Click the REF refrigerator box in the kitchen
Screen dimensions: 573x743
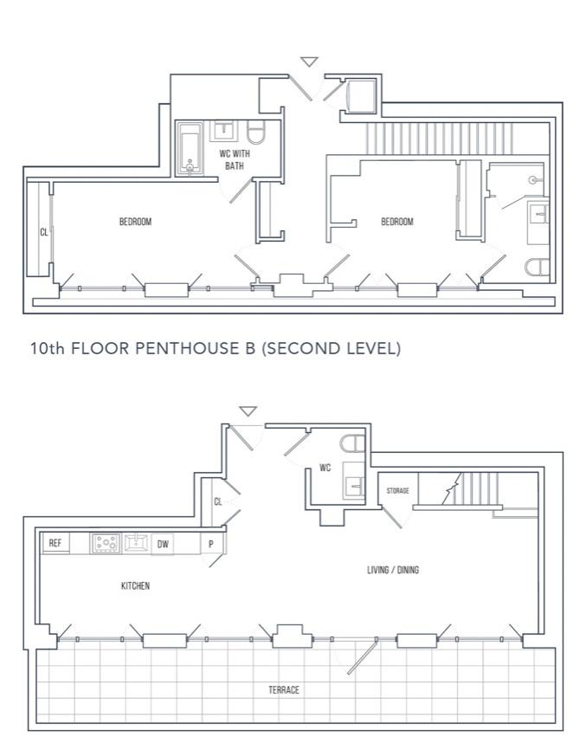[56, 543]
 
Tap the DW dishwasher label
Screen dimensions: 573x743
[163, 544]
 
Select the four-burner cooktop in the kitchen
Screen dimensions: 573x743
[106, 543]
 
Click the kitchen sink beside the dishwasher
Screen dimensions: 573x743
[136, 543]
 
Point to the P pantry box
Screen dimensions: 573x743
[211, 544]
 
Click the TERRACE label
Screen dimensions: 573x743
[284, 689]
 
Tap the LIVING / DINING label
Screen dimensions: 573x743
[393, 570]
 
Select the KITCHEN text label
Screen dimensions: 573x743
[135, 585]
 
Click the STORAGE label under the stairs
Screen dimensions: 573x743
[398, 490]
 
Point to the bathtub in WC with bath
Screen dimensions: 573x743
[190, 148]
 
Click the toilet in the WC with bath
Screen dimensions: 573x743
[257, 132]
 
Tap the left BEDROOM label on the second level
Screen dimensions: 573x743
[135, 222]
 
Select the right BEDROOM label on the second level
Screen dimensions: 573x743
[397, 222]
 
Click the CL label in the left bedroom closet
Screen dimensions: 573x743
[43, 232]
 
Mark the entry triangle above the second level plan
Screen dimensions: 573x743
[309, 61]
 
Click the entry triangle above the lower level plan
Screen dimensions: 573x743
[248, 410]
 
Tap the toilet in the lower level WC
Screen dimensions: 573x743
[353, 444]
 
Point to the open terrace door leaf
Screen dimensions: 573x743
[363, 656]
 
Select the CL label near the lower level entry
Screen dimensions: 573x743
[218, 501]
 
